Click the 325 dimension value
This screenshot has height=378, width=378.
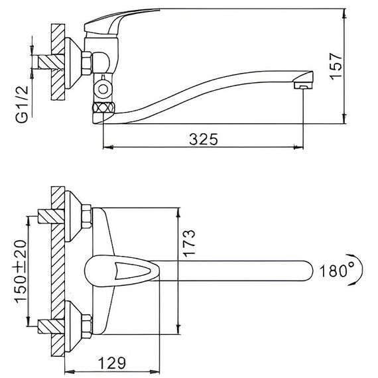pyautogui.click(x=203, y=139)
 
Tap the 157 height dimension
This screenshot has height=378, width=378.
pyautogui.click(x=336, y=66)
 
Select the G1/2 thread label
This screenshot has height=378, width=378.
pyautogui.click(x=22, y=104)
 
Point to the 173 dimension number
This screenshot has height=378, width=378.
pyautogui.click(x=188, y=243)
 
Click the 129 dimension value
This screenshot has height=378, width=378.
pyautogui.click(x=112, y=363)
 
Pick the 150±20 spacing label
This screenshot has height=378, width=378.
pyautogui.click(x=21, y=271)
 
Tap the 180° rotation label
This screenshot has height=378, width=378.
pyautogui.click(x=337, y=271)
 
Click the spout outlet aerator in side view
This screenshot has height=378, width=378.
pyautogui.click(x=303, y=80)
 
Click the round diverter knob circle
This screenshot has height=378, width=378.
pyautogui.click(x=103, y=89)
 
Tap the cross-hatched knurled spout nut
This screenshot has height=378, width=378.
pyautogui.click(x=103, y=107)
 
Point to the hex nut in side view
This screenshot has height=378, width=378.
pyautogui.click(x=87, y=63)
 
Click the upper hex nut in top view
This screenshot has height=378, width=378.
pyautogui.click(x=87, y=216)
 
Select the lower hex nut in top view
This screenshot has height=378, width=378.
pyautogui.click(x=87, y=326)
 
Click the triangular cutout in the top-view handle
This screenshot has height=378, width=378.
pyautogui.click(x=132, y=271)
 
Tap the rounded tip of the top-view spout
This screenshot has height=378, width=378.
pyautogui.click(x=309, y=271)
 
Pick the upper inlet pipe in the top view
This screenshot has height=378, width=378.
pyautogui.click(x=51, y=216)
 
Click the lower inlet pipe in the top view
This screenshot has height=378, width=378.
pyautogui.click(x=51, y=326)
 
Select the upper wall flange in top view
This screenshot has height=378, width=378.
pyautogui.click(x=73, y=216)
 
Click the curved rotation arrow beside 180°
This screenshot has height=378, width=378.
pyautogui.click(x=361, y=270)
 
